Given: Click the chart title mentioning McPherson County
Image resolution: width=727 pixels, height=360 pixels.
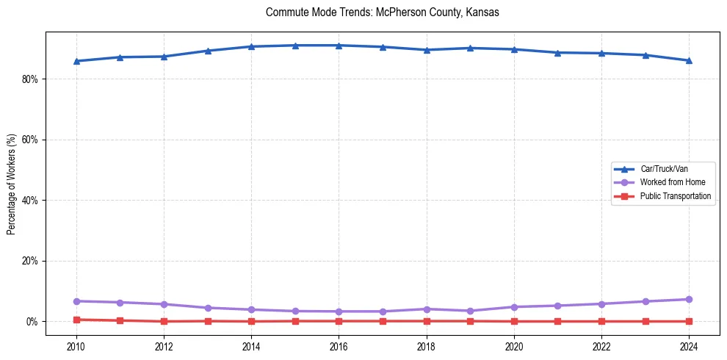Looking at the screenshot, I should click(383, 12).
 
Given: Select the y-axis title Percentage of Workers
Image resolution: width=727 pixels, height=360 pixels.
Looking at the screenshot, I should click(11, 184).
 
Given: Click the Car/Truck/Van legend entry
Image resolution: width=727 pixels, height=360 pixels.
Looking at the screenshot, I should click(664, 169).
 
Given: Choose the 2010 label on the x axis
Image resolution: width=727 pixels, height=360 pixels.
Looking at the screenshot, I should click(76, 346).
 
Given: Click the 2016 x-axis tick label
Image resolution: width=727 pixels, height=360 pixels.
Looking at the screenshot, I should click(339, 346).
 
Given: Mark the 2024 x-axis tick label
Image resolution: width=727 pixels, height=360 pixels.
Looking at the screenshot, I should click(689, 346).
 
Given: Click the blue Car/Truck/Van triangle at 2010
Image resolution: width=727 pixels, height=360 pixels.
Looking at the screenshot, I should click(76, 61).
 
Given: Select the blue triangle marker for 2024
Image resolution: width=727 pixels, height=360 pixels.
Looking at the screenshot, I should click(689, 60).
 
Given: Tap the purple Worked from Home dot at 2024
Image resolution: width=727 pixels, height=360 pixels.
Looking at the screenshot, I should click(689, 299).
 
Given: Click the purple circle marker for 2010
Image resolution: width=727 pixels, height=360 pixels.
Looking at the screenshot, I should click(76, 301).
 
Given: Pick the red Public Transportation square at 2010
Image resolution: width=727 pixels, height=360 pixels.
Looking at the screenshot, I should click(76, 320).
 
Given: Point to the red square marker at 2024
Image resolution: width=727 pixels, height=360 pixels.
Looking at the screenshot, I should click(689, 321).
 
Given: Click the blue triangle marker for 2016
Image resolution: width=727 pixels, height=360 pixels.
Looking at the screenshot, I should click(339, 46).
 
